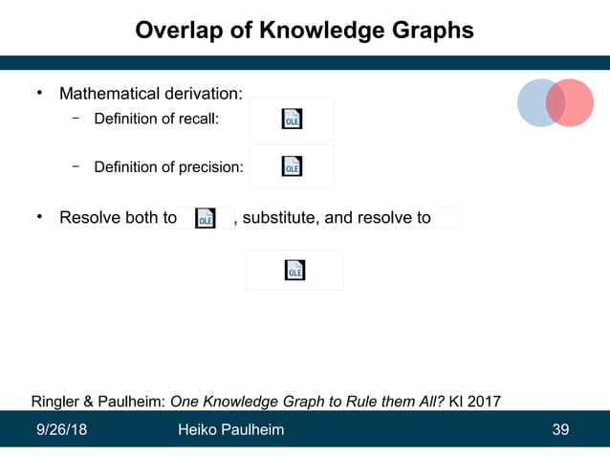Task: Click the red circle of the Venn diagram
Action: click(x=574, y=102)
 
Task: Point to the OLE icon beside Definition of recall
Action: click(x=292, y=119)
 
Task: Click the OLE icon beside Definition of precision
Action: click(x=292, y=166)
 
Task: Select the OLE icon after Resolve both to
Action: click(x=205, y=218)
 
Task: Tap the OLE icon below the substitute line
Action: click(x=294, y=271)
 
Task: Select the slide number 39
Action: click(x=561, y=429)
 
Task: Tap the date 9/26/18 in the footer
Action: click(x=61, y=429)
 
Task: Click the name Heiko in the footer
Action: click(x=198, y=429)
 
